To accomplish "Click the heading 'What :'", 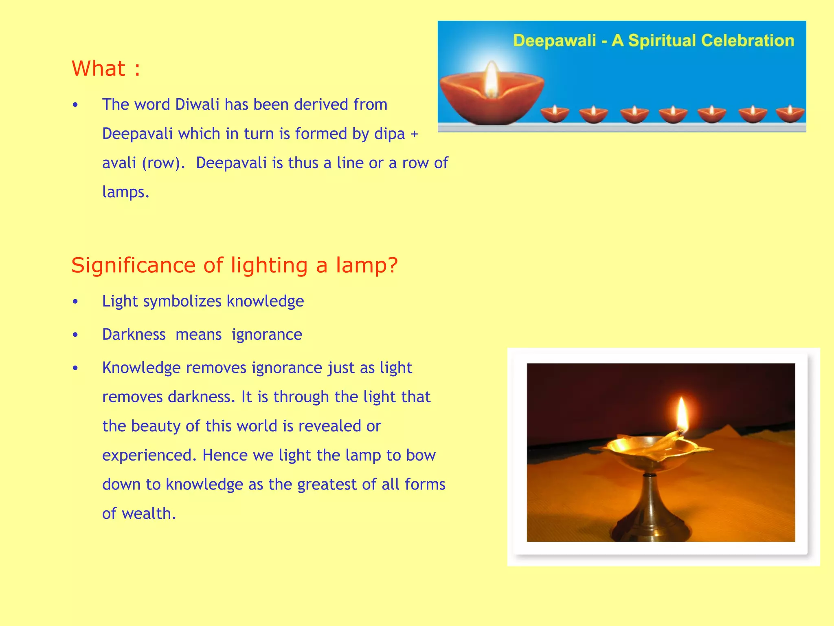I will [x=106, y=68].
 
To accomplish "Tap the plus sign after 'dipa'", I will [x=414, y=134].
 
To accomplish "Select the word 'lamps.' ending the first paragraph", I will [x=125, y=192].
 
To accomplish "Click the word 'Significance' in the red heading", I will [x=133, y=265].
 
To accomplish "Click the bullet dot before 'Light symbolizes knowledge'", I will [x=75, y=302].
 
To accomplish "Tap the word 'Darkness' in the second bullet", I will [x=134, y=335].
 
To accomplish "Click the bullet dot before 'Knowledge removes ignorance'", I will [x=75, y=368].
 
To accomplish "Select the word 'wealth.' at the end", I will [x=149, y=514].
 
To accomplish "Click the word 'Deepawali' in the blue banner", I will [x=554, y=41].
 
